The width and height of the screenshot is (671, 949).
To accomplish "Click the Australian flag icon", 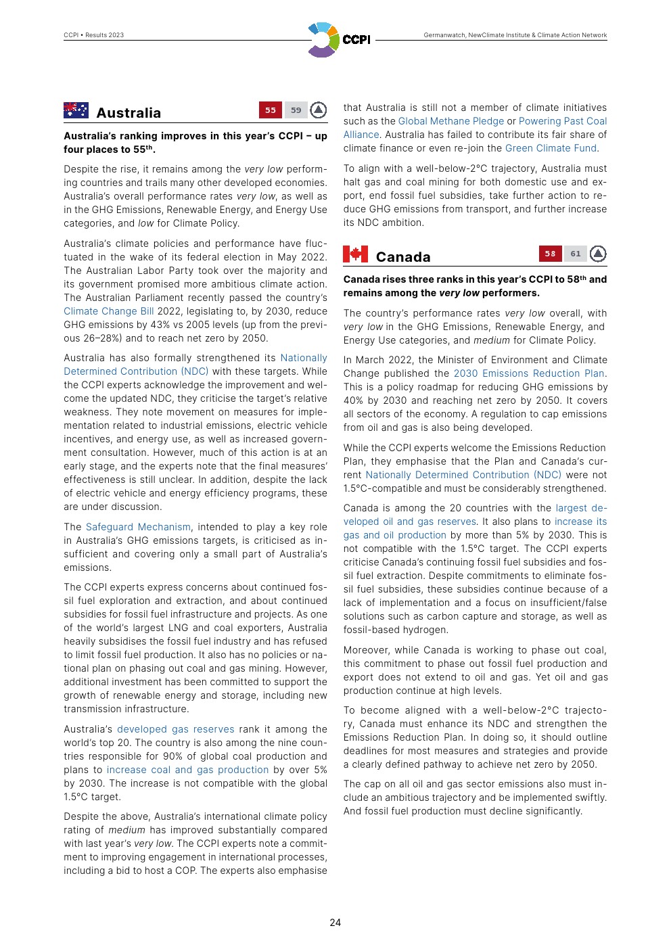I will pyautogui.click(x=76, y=110).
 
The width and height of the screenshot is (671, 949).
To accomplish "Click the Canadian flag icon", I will pyautogui.click(x=355, y=254).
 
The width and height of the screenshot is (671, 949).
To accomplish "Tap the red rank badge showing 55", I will pyautogui.click(x=271, y=110).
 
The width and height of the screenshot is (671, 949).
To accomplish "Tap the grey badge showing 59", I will pyautogui.click(x=296, y=110).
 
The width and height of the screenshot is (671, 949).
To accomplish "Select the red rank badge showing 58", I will pyautogui.click(x=550, y=254).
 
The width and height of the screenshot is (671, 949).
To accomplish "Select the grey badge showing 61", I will pyautogui.click(x=576, y=254).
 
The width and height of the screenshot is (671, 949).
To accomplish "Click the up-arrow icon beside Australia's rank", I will pyautogui.click(x=319, y=110).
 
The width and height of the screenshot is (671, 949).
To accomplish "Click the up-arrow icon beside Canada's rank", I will pyautogui.click(x=598, y=254).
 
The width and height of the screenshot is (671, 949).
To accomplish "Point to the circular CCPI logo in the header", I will pyautogui.click(x=323, y=40).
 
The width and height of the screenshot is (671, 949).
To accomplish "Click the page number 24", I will pyautogui.click(x=335, y=923).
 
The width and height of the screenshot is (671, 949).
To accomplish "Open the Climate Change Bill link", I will pyautogui.click(x=109, y=311).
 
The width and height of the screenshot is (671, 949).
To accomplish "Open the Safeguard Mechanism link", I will pyautogui.click(x=138, y=527).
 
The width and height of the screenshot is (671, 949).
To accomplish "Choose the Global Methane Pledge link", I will pyautogui.click(x=451, y=121).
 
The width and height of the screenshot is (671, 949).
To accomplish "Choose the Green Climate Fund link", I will pyautogui.click(x=551, y=148).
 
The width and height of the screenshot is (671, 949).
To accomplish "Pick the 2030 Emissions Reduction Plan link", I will pyautogui.click(x=529, y=373).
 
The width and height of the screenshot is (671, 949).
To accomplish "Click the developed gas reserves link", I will pyautogui.click(x=176, y=729).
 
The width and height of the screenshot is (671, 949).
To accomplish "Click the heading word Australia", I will pyautogui.click(x=129, y=113).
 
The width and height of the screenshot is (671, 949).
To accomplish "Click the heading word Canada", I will pyautogui.click(x=403, y=257).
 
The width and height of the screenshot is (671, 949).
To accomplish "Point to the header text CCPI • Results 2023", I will pyautogui.click(x=94, y=35).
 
